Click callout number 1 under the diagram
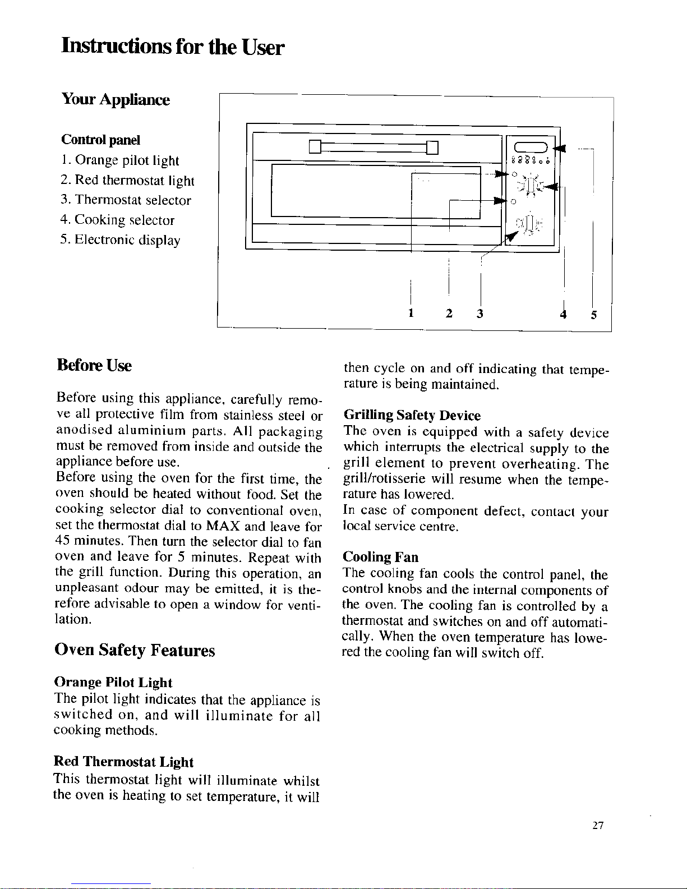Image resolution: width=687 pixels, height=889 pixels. coord(411,313)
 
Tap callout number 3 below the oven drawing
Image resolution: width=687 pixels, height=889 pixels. coord(480,313)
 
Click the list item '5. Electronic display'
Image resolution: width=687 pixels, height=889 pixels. coord(120,241)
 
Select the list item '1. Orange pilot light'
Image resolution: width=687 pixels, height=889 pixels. coord(119,161)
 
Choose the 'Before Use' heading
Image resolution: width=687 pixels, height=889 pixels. coord(94,366)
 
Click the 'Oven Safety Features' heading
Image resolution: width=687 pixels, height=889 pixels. coord(135,651)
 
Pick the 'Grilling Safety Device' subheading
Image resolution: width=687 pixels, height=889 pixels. coord(412,416)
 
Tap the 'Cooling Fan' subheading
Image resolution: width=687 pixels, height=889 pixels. coord(380,557)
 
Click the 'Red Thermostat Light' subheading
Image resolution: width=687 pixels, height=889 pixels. coord(123,762)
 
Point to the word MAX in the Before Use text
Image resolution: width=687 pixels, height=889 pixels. coord(223,527)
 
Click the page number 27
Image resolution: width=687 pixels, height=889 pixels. coord(597,826)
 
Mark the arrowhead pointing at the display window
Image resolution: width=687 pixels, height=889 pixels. coord(559,149)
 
